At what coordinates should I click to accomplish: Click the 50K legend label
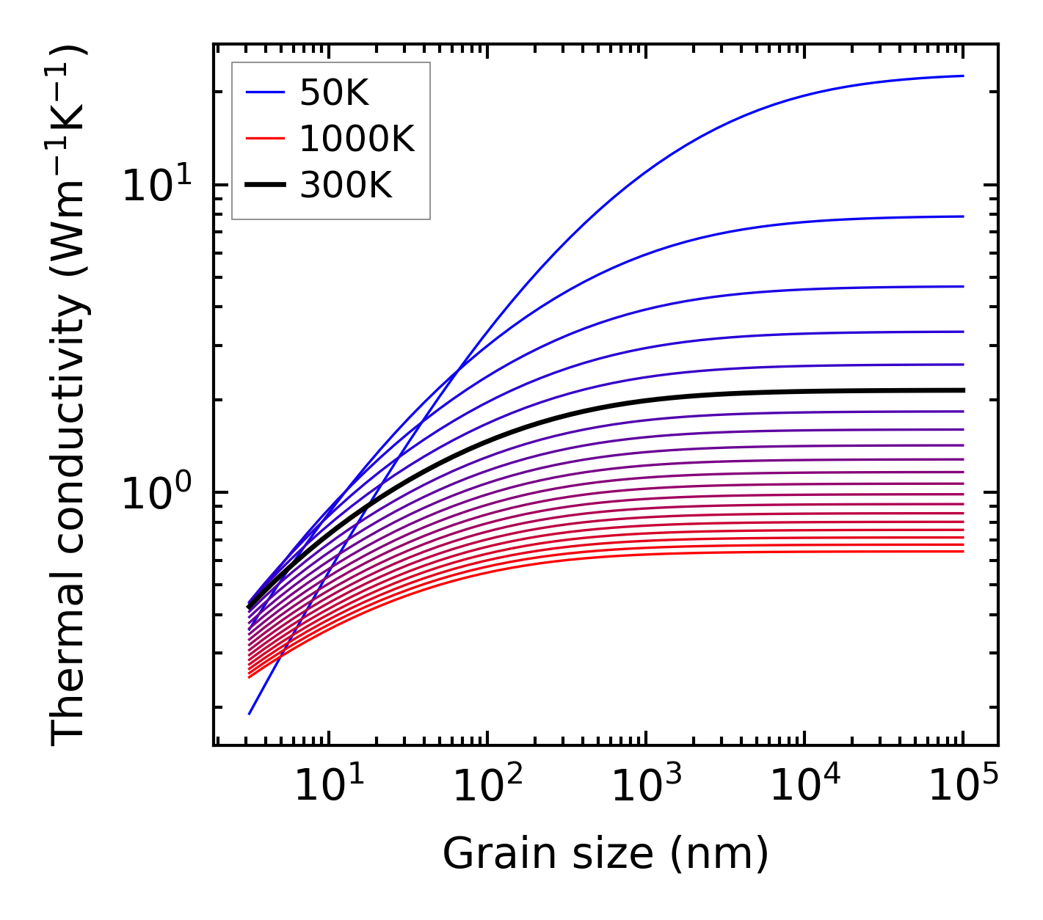click(x=334, y=93)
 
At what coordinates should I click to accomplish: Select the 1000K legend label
click(x=357, y=139)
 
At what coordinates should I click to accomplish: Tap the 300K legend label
click(x=346, y=186)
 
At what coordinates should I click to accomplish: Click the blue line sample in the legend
click(x=264, y=92)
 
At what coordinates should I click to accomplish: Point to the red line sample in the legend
click(x=264, y=139)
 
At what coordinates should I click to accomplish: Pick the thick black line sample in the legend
click(x=264, y=186)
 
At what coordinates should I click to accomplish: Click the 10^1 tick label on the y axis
click(x=156, y=185)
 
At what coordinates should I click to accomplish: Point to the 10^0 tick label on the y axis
click(x=156, y=493)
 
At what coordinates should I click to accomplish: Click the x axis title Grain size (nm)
click(x=606, y=853)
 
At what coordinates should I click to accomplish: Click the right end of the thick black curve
click(x=962, y=390)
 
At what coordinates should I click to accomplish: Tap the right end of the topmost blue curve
click(x=962, y=76)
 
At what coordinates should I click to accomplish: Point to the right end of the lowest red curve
click(x=962, y=551)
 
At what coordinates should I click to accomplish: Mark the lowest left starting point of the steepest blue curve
click(x=250, y=713)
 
